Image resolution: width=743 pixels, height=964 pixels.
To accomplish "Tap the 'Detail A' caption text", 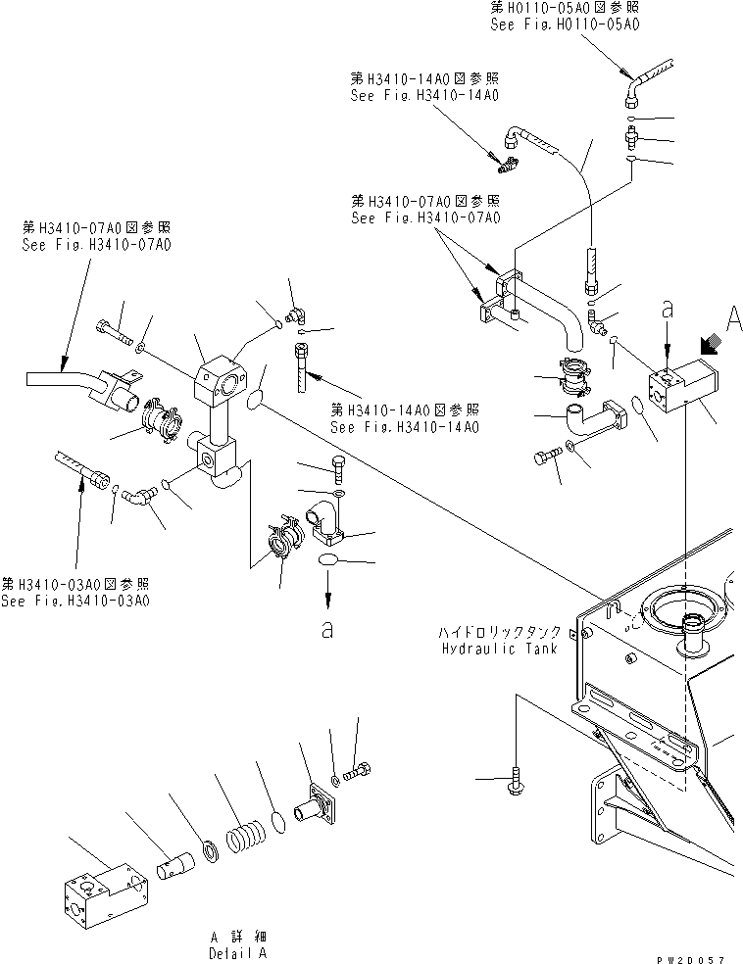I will coord(236,952).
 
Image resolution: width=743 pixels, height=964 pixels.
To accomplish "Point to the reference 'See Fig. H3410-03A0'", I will coord(75,601).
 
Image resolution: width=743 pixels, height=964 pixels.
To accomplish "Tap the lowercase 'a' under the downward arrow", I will coord(327,631).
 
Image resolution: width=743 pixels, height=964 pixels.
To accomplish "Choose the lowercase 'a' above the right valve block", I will coord(668,310).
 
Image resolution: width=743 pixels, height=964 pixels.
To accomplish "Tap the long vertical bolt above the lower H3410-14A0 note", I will coord(301,367).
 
